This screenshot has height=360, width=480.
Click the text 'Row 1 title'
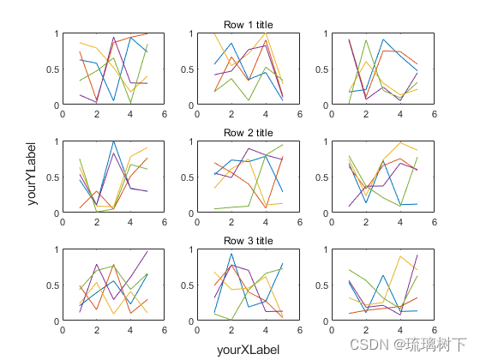pyautogui.click(x=248, y=25)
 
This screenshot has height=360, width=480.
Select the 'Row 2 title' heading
pyautogui.click(x=248, y=133)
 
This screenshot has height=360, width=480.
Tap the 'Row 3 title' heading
pyautogui.click(x=248, y=241)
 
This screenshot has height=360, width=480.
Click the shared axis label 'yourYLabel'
pyautogui.click(x=32, y=177)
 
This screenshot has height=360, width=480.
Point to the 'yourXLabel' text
pyautogui.click(x=248, y=350)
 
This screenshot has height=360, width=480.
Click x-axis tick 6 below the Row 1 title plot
pyautogui.click(x=299, y=112)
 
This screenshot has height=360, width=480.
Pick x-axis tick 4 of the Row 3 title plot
pyautogui.click(x=265, y=328)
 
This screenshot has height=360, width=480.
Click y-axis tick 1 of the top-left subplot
pyautogui.click(x=57, y=33)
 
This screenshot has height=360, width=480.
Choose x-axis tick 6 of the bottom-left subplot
pyautogui.click(x=164, y=328)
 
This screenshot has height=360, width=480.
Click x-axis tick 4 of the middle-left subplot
pyautogui.click(x=130, y=220)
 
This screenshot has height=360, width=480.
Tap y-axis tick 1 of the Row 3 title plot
pyautogui.click(x=191, y=249)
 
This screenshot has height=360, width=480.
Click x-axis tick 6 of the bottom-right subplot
pyautogui.click(x=434, y=328)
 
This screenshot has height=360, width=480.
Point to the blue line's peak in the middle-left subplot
pyautogui.click(x=113, y=142)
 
